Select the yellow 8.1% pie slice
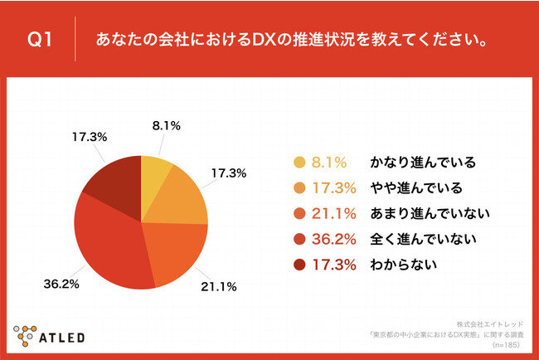(x=154, y=171)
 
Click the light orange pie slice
(x=181, y=198)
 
